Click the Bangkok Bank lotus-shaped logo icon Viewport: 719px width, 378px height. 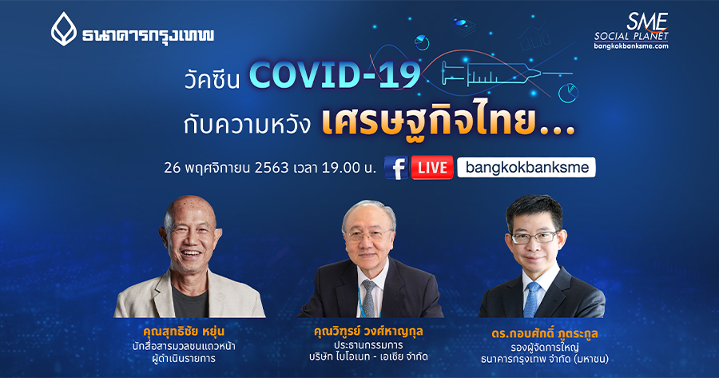64,29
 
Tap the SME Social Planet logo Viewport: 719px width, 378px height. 631,30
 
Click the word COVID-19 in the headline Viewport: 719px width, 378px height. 335,75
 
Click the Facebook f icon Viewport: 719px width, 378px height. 395,168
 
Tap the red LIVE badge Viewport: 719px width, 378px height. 432,168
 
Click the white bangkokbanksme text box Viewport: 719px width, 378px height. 526,168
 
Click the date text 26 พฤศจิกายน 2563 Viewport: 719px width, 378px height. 227,168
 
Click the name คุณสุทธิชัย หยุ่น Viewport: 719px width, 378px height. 184,331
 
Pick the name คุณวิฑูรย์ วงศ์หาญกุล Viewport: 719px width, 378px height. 368,331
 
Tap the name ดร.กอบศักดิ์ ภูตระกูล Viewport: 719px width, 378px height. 544,333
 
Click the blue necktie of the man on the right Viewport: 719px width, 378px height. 530,300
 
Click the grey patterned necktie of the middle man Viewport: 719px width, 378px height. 368,298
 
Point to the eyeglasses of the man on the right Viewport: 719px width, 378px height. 534,237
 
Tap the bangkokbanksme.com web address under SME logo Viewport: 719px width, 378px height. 631,46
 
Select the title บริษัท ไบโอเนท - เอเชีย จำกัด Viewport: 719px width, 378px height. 368,356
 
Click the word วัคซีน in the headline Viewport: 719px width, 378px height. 212,79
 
